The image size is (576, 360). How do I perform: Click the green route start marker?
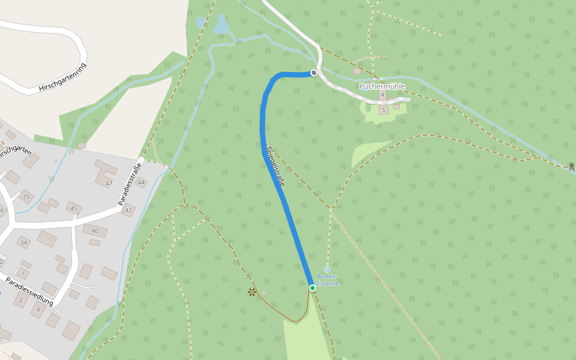coord(313,288)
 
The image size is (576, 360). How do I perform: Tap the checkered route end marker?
coord(314,73)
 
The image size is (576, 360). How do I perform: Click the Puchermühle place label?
coord(382,86)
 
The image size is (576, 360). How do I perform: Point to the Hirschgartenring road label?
coord(62,77)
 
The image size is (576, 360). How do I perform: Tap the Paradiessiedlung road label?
coord(29,292)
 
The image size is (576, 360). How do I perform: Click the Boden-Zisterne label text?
coord(327,280)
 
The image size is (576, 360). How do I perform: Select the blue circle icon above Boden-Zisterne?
coord(327,269)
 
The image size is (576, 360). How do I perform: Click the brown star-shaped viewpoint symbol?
coord(252,292)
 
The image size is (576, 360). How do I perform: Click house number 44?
coord(142,182)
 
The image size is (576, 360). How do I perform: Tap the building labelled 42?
coord(128,211)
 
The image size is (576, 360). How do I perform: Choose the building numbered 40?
coord(95,230)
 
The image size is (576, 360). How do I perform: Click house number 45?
coord(74,208)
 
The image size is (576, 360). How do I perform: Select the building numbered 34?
coord(24,242)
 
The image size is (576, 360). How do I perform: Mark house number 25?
coord(26,197)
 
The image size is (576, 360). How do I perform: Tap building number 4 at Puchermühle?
coord(382,95)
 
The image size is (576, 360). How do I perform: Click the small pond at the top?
coord(221,25)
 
